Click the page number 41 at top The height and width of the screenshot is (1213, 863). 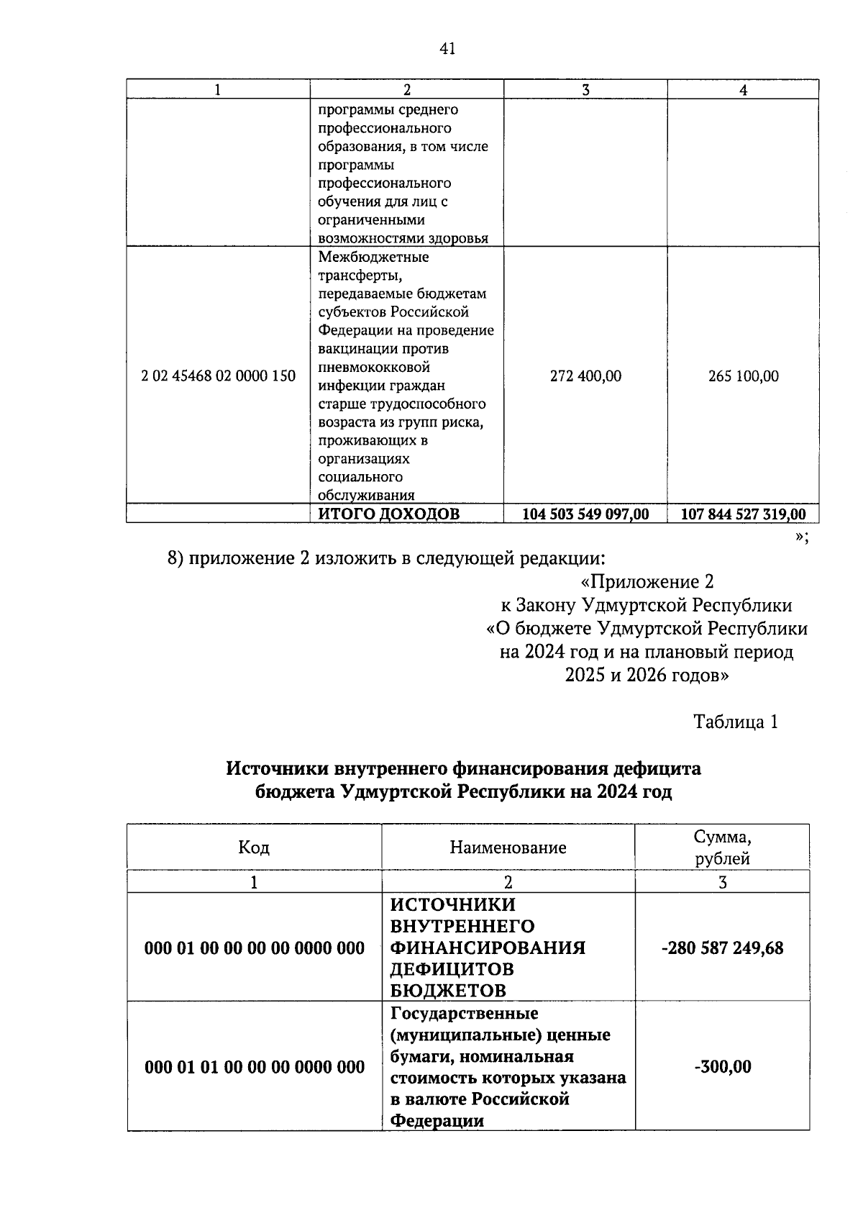pyautogui.click(x=447, y=49)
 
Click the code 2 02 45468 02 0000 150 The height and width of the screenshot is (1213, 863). pyautogui.click(x=219, y=376)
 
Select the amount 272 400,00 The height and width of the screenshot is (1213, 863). pyautogui.click(x=585, y=376)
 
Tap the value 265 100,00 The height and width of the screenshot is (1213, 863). pyautogui.click(x=743, y=376)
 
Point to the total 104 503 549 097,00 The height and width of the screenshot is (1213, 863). pyautogui.click(x=585, y=514)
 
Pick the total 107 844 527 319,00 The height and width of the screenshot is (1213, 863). pyautogui.click(x=743, y=514)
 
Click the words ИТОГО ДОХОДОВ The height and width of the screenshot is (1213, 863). pyautogui.click(x=388, y=514)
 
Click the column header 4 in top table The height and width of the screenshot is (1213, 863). pyautogui.click(x=743, y=90)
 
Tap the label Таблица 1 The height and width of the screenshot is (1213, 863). pyautogui.click(x=735, y=722)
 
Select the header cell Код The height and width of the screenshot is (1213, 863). pyautogui.click(x=254, y=848)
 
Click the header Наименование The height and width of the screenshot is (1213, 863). pyautogui.click(x=508, y=848)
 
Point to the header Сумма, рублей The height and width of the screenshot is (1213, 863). pyautogui.click(x=722, y=848)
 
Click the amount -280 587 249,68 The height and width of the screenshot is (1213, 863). pyautogui.click(x=722, y=948)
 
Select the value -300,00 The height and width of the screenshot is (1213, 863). pyautogui.click(x=722, y=1067)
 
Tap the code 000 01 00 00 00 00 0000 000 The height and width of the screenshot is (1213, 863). pyautogui.click(x=255, y=948)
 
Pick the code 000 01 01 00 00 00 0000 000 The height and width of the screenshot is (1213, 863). pyautogui.click(x=255, y=1067)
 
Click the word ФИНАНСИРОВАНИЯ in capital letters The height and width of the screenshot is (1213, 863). pyautogui.click(x=488, y=948)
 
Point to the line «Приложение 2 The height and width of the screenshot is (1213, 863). pyautogui.click(x=647, y=581)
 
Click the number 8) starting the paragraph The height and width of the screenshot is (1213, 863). pyautogui.click(x=176, y=558)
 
